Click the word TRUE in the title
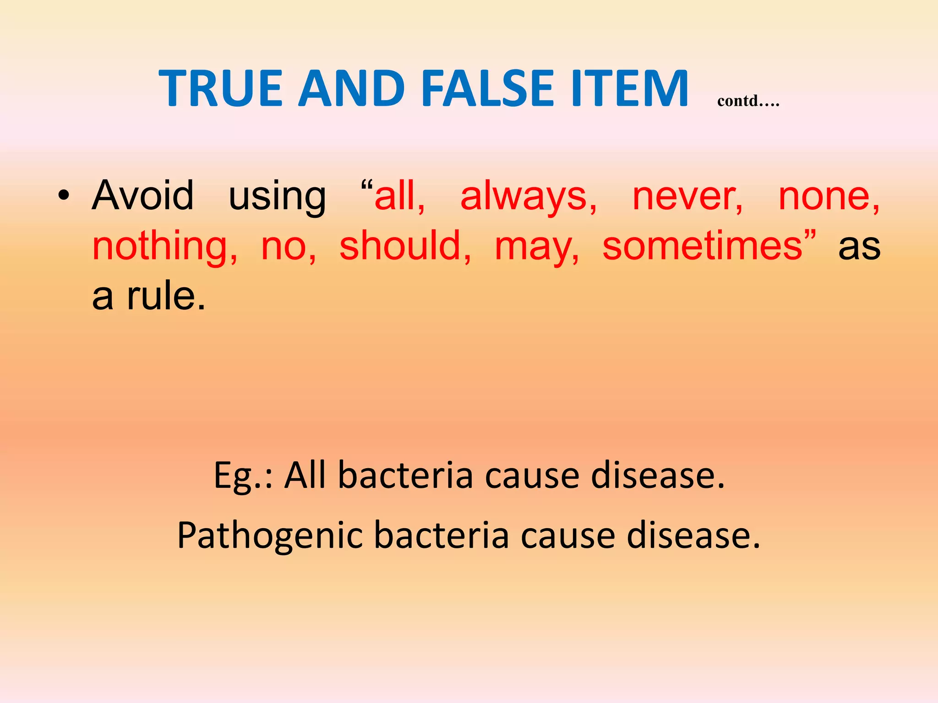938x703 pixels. pyautogui.click(x=220, y=88)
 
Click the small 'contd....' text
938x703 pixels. pyautogui.click(x=748, y=101)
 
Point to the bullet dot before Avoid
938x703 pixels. pyautogui.click(x=64, y=196)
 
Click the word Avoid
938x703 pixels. pyautogui.click(x=143, y=196)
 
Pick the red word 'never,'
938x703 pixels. pyautogui.click(x=687, y=198)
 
